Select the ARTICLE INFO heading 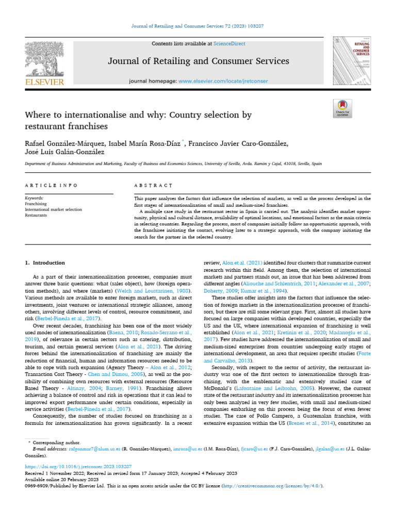tap(52, 185)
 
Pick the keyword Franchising tap(36, 204)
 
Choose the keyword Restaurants tap(36, 215)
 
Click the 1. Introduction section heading tap(45, 262)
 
